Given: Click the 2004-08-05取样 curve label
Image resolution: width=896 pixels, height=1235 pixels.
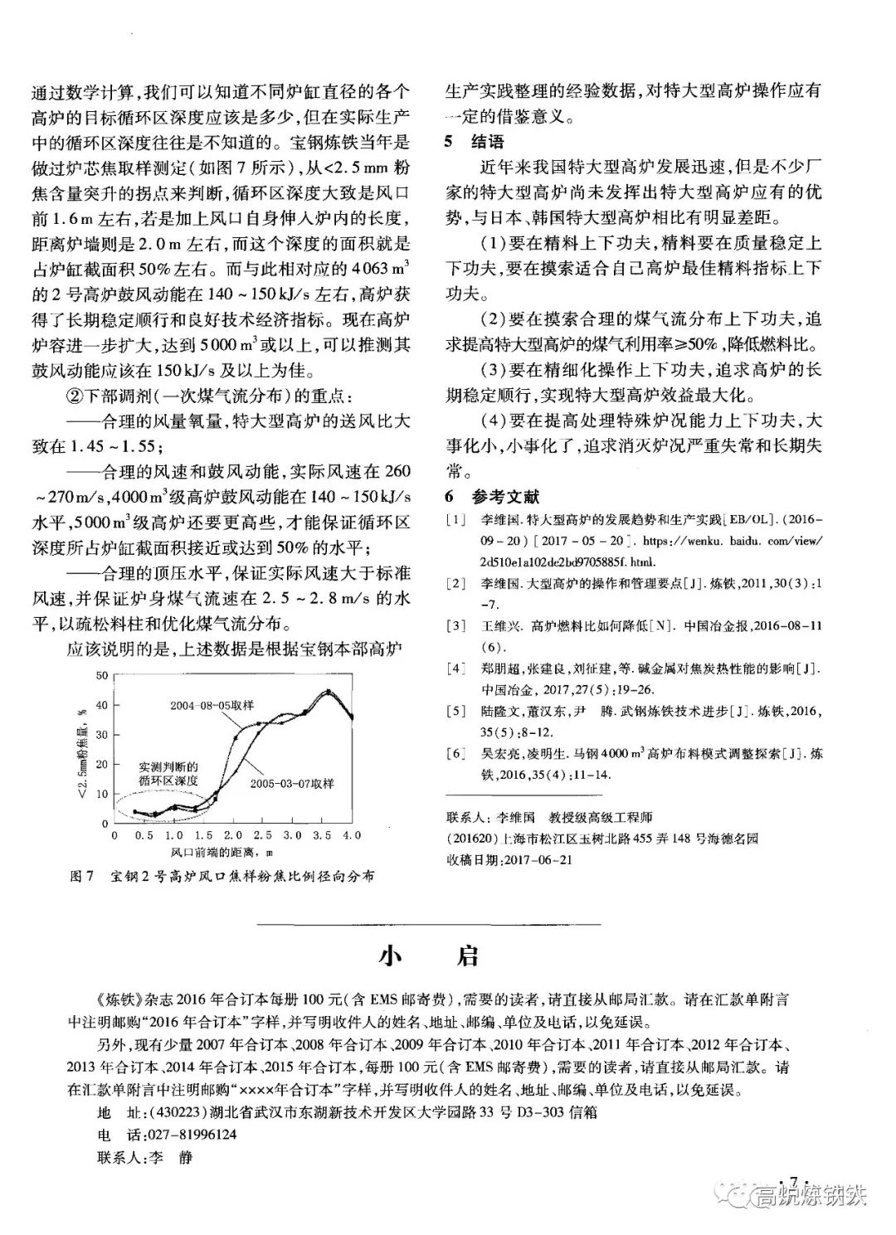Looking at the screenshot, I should point(212,705).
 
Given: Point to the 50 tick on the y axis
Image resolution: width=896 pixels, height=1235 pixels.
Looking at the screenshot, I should point(103,675).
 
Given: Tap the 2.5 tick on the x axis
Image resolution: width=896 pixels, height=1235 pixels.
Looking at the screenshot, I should point(262,834).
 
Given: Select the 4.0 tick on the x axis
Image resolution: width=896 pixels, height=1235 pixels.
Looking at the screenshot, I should point(352,834).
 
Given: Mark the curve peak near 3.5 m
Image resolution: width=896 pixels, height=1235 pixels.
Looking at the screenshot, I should point(329,691).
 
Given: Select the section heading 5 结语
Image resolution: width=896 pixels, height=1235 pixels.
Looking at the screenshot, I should point(475,141).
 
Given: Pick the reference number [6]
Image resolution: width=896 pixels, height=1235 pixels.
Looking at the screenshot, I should point(455,753).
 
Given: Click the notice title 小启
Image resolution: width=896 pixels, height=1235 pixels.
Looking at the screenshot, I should point(430,955).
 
